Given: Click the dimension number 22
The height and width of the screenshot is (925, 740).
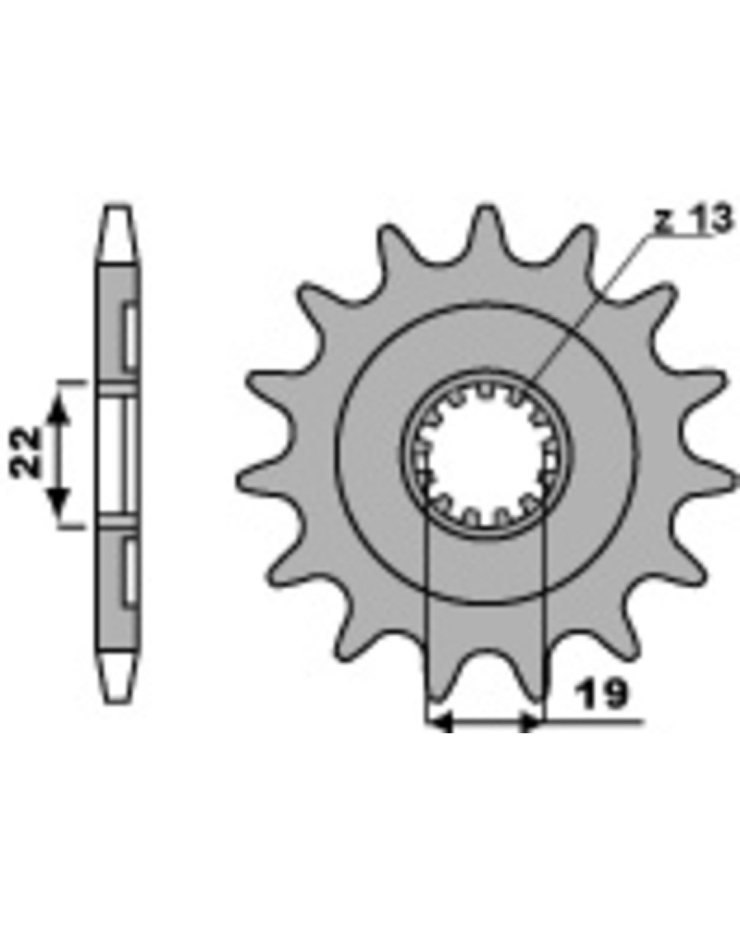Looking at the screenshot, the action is (x=25, y=451).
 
